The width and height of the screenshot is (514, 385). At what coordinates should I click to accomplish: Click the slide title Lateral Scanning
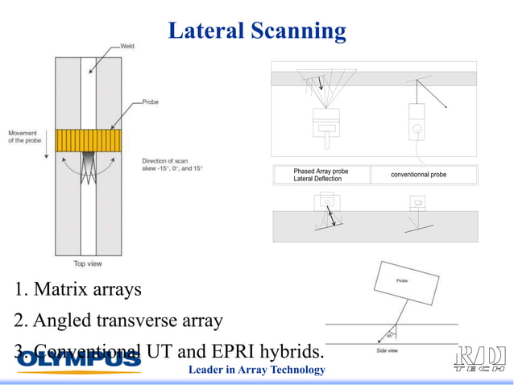pyautogui.click(x=257, y=31)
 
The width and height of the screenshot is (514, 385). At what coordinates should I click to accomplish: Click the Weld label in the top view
pyautogui.click(x=126, y=47)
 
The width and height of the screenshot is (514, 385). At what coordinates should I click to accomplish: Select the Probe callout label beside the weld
pyautogui.click(x=151, y=102)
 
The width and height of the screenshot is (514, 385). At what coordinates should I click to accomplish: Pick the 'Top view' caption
pyautogui.click(x=88, y=263)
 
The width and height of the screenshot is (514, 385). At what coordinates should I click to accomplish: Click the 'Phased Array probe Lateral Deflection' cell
pyautogui.click(x=321, y=175)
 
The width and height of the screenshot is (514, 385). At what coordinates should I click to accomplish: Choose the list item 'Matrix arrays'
pyautogui.click(x=80, y=289)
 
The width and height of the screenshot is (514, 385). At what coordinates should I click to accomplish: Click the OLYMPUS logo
pyautogui.click(x=79, y=361)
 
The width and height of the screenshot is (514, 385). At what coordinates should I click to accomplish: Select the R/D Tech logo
pyautogui.click(x=480, y=360)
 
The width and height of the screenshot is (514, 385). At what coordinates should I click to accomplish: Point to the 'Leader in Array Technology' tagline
pyautogui.click(x=256, y=371)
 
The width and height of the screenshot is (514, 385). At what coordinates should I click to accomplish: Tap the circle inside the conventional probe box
pyautogui.click(x=417, y=127)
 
